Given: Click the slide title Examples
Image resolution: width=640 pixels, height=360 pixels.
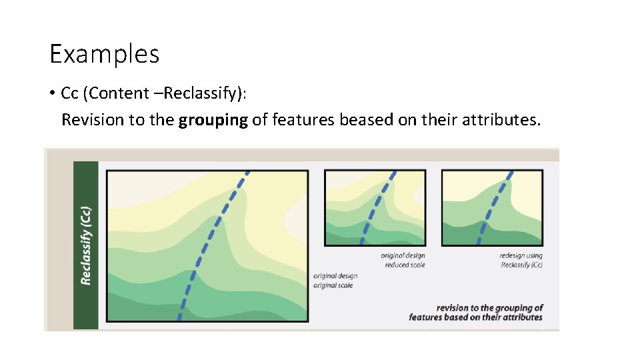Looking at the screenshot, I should point(105,54).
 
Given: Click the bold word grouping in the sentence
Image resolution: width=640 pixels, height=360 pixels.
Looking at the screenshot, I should point(213,120).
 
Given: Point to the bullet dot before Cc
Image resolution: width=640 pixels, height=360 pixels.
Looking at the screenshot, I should point(52,93).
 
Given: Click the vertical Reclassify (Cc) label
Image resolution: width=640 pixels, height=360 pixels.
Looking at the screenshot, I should point(86,245).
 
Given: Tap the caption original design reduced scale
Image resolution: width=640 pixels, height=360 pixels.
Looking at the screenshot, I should point(403,260).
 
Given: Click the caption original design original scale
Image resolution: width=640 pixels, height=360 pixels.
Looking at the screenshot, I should point(335,281).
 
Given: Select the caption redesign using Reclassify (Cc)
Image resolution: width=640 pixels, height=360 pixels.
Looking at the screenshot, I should point(521,260).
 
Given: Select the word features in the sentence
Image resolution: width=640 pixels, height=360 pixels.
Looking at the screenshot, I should point(303,120).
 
